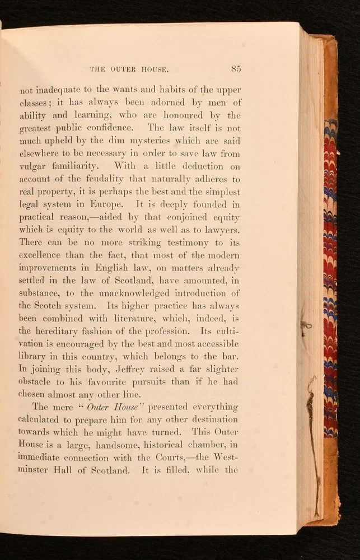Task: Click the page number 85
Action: (235, 69)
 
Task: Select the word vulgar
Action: (35, 166)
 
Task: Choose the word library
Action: (35, 357)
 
